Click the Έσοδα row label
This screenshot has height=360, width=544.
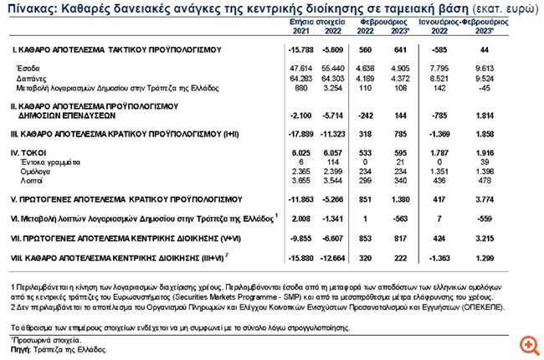click(28, 66)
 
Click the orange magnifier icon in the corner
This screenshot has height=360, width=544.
click(528, 344)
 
